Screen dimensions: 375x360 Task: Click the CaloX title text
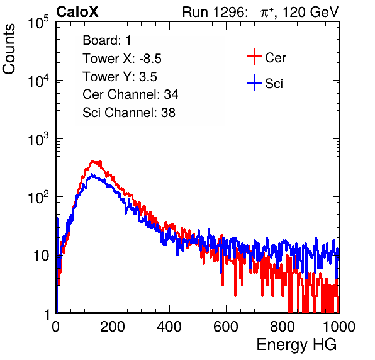(x=77, y=12)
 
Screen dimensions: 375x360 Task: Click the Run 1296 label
(x=215, y=12)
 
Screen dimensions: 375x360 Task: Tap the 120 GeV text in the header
(x=310, y=12)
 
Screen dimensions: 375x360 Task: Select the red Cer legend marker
(x=254, y=57)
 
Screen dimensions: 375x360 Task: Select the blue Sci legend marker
(x=254, y=82)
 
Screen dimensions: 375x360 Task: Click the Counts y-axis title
(x=9, y=49)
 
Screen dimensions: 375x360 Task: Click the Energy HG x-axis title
(x=296, y=345)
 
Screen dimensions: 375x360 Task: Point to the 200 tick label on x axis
(x=113, y=327)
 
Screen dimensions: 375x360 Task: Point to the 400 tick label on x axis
(x=169, y=327)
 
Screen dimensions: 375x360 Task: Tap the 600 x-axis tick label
(x=226, y=327)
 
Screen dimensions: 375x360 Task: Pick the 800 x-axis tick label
(x=283, y=327)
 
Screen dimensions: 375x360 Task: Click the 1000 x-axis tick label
(x=339, y=327)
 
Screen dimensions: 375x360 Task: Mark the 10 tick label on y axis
(x=41, y=256)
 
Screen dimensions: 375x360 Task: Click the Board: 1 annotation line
(x=107, y=40)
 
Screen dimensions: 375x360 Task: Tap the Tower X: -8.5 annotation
(x=122, y=59)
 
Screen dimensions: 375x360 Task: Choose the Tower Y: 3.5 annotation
(x=120, y=77)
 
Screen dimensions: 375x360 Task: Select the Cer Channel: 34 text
(x=130, y=94)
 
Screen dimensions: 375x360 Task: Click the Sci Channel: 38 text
(x=129, y=113)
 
